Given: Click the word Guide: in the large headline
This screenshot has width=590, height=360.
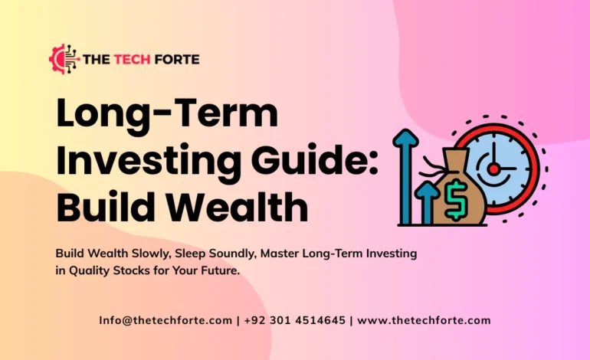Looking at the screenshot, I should click(x=324, y=162).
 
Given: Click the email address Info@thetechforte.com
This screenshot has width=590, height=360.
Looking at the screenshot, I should click(x=166, y=320).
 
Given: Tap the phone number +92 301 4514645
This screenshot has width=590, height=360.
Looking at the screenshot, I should click(x=294, y=320).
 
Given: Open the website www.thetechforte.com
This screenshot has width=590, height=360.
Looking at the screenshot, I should click(x=424, y=320).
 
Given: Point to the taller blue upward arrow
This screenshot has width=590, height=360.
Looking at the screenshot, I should click(x=405, y=176).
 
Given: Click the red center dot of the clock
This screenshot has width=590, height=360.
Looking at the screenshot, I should click(x=493, y=167).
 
